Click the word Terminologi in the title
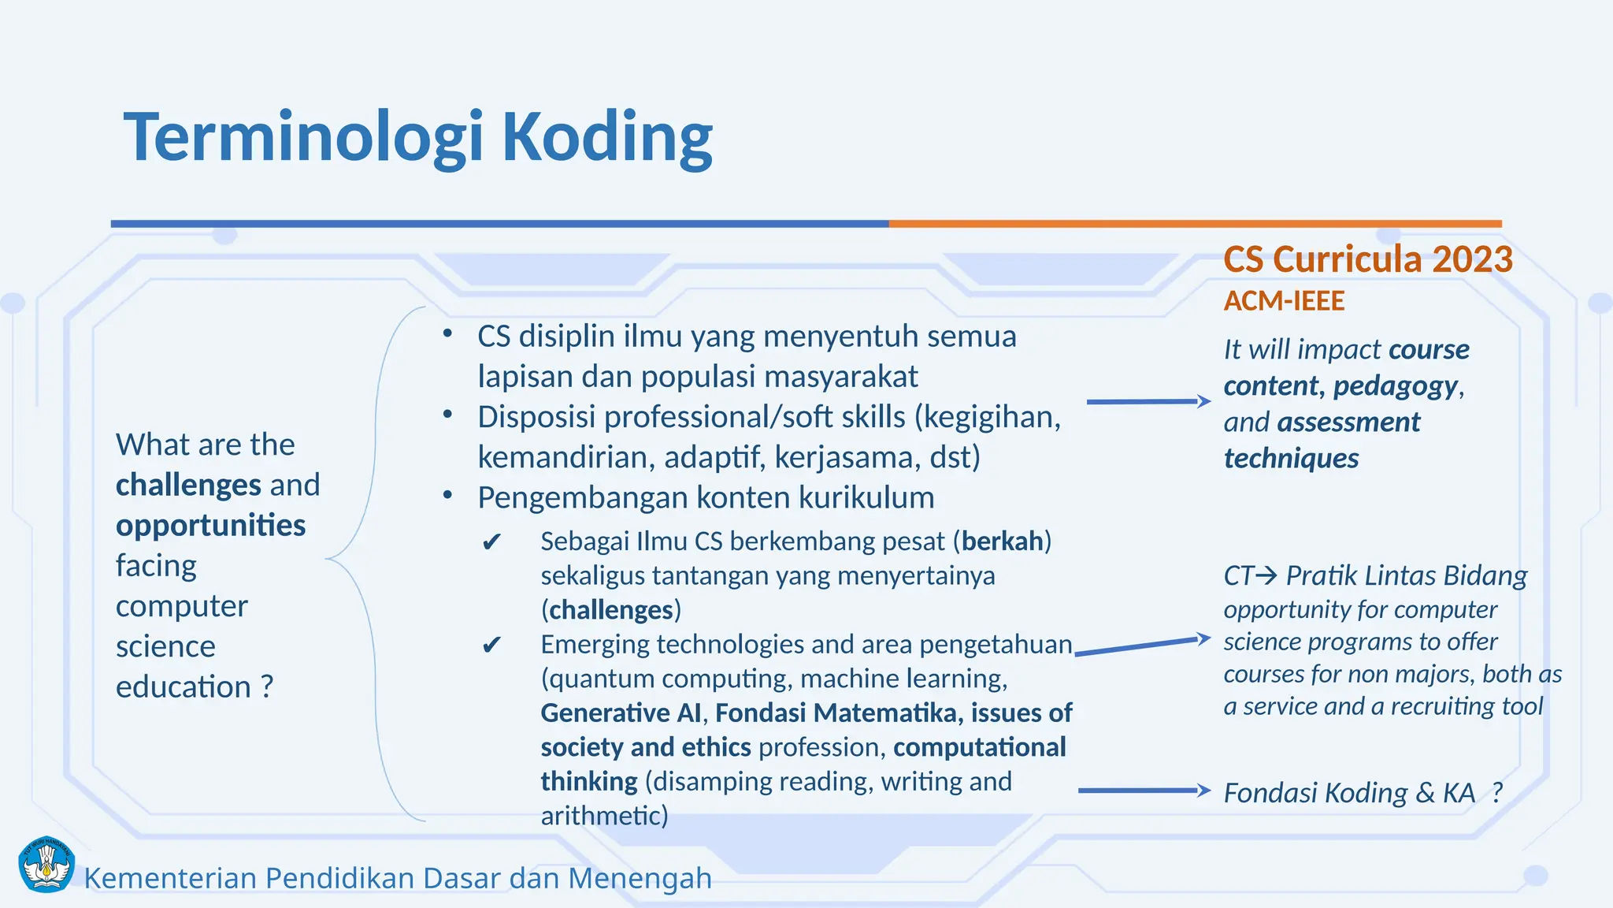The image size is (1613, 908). (x=303, y=138)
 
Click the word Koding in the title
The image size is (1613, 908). (x=606, y=138)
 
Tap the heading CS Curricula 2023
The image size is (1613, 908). (x=1368, y=259)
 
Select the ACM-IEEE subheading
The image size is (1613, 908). (x=1284, y=301)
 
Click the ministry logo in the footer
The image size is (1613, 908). (x=46, y=865)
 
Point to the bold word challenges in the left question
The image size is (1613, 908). (x=188, y=485)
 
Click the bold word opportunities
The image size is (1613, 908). (x=210, y=526)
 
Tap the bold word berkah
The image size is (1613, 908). (x=1002, y=541)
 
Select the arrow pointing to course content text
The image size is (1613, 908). (x=1148, y=401)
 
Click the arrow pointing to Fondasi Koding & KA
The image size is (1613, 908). (x=1144, y=790)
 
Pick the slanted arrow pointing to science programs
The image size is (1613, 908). (x=1142, y=646)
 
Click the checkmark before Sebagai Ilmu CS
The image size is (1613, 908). (x=491, y=542)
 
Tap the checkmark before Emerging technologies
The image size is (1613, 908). (x=491, y=646)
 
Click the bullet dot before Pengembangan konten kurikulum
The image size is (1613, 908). (x=447, y=497)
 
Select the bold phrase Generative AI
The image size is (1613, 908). (x=621, y=713)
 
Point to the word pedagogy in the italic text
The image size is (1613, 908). (x=1395, y=386)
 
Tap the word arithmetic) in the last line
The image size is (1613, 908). (x=604, y=816)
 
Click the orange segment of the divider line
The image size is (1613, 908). (x=1195, y=224)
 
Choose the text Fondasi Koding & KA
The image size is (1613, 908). (x=1349, y=793)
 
